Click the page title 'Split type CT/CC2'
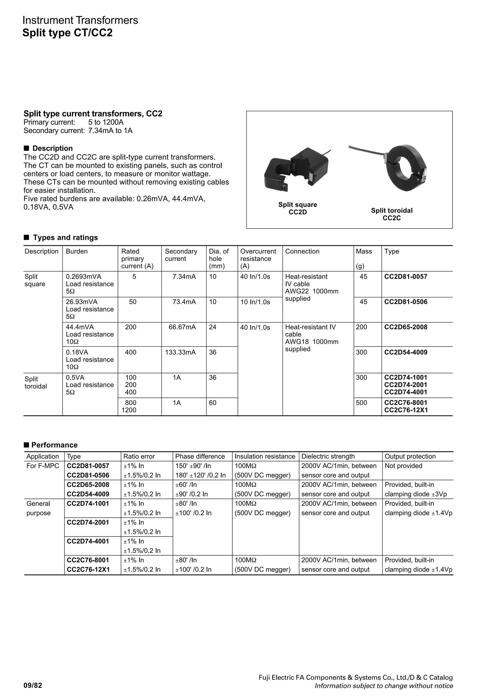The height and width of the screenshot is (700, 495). coord(67,33)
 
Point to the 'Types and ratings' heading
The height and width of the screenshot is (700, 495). coord(65,237)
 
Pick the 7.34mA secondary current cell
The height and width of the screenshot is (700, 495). coord(184,277)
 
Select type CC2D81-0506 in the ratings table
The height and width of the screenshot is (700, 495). coord(406,302)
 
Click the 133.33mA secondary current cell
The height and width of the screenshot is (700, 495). coord(180,352)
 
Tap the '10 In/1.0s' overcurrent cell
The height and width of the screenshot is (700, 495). coord(255,302)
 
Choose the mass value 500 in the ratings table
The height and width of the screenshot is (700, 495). coord(361,403)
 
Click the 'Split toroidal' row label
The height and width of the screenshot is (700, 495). coord(36,383)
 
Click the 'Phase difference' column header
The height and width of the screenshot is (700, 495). coord(200,457)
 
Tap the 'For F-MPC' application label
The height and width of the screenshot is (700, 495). coord(43,466)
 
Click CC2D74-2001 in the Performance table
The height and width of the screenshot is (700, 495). coord(88,522)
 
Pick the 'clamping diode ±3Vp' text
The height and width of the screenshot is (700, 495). coord(415,494)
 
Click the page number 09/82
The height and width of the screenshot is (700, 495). coord(33,686)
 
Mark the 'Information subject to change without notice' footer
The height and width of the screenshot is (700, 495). coord(384,686)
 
